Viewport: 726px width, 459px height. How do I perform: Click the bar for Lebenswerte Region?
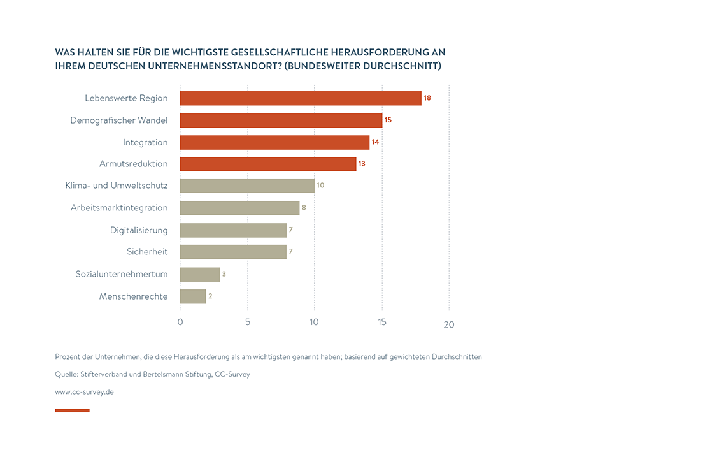pyautogui.click(x=300, y=98)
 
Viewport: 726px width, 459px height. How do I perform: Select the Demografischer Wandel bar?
pyautogui.click(x=281, y=120)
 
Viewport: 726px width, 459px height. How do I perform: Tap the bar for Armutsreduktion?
pyautogui.click(x=267, y=164)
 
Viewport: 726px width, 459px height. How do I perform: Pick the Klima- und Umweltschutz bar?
pyautogui.click(x=247, y=186)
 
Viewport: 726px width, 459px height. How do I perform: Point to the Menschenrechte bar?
pyautogui.click(x=193, y=296)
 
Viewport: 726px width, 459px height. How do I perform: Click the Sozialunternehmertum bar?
pyautogui.click(x=199, y=274)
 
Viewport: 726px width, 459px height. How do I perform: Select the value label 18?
pyautogui.click(x=427, y=98)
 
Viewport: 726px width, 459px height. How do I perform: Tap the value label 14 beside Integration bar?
pyautogui.click(x=375, y=142)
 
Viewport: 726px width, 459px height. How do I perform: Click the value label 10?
pyautogui.click(x=320, y=186)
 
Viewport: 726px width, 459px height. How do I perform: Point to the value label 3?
pyautogui.click(x=224, y=274)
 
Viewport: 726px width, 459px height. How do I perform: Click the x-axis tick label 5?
pyautogui.click(x=248, y=323)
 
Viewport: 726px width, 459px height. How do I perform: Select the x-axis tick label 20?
pyautogui.click(x=449, y=324)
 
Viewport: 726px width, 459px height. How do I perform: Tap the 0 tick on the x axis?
pyautogui.click(x=180, y=323)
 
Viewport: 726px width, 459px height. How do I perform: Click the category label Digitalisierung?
pyautogui.click(x=139, y=229)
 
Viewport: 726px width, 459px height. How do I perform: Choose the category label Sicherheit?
pyautogui.click(x=147, y=252)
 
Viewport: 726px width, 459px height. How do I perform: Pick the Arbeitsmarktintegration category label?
pyautogui.click(x=119, y=208)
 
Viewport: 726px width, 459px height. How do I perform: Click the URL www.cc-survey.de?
pyautogui.click(x=84, y=392)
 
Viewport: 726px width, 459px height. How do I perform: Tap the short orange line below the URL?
pyautogui.click(x=72, y=411)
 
